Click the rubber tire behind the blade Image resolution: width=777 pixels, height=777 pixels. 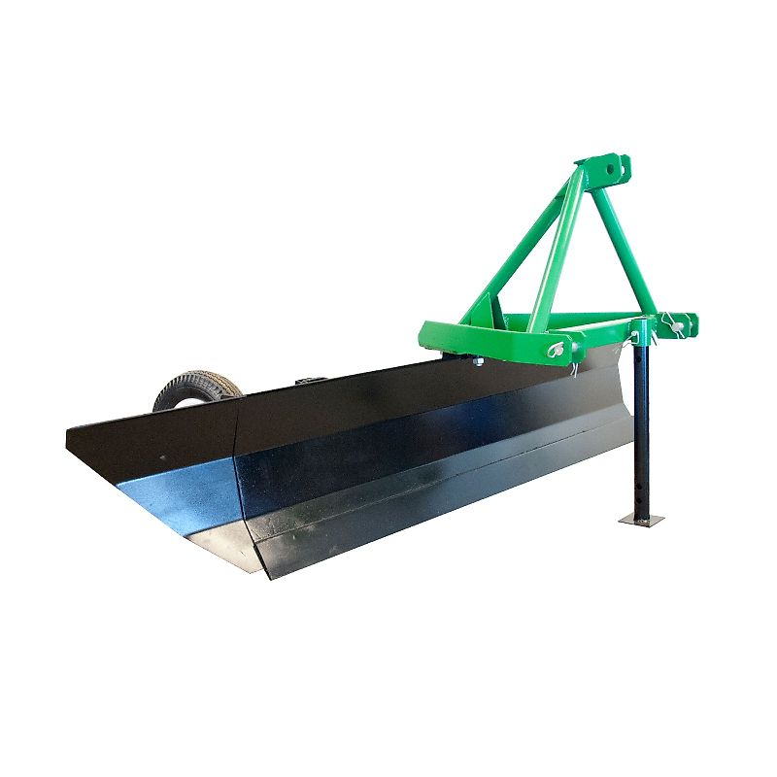(194, 388)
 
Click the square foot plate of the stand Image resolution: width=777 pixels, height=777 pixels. (638, 521)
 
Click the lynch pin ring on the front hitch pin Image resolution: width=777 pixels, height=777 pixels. (559, 350)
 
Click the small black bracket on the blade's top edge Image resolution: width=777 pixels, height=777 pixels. (313, 378)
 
